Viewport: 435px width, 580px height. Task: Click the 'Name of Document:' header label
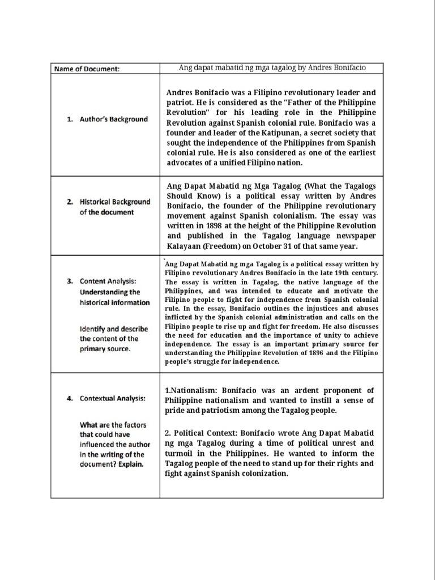coord(87,69)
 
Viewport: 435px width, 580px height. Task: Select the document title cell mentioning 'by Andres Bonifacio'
coord(272,68)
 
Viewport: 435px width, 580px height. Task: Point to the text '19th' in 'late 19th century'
coord(332,272)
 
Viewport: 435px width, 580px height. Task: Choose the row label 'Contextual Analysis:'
coord(112,398)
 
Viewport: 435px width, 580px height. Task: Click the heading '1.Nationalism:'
coord(191,390)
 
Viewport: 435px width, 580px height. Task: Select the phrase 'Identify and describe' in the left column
coord(114,329)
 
